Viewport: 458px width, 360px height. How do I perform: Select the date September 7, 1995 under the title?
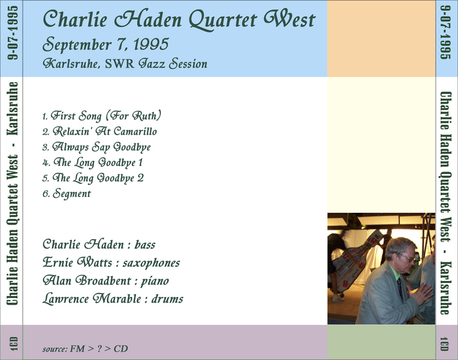pyautogui.click(x=106, y=44)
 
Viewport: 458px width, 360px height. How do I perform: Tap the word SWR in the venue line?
pyautogui.click(x=119, y=64)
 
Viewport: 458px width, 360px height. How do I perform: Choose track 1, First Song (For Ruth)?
pyautogui.click(x=102, y=116)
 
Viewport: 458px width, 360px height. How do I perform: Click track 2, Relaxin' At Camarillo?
pyautogui.click(x=100, y=131)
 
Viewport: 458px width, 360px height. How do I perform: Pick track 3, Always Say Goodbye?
pyautogui.click(x=97, y=147)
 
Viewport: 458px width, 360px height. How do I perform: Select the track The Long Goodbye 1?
pyautogui.click(x=93, y=163)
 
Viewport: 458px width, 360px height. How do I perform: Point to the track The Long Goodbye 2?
pyautogui.click(x=93, y=178)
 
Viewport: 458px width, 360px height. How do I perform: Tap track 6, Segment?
pyautogui.click(x=67, y=193)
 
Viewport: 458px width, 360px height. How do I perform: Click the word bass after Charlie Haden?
pyautogui.click(x=145, y=244)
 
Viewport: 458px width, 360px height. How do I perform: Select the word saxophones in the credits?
pyautogui.click(x=151, y=263)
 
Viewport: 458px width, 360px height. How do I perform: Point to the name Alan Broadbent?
pyautogui.click(x=87, y=280)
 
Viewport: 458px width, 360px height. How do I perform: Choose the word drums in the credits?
pyautogui.click(x=167, y=299)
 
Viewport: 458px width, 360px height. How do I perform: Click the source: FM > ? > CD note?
pyautogui.click(x=85, y=349)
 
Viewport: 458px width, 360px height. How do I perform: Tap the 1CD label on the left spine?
pyautogui.click(x=13, y=343)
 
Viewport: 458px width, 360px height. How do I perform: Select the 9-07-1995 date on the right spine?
pyautogui.click(x=445, y=33)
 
